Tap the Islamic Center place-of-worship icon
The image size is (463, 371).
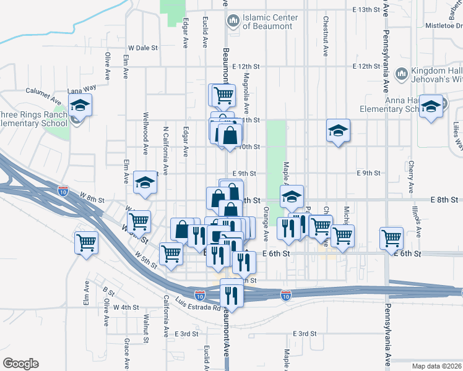coord(233,21)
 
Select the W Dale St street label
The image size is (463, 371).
coord(143,48)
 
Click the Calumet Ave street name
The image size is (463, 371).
coord(43,95)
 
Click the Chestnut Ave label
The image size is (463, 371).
coord(326,35)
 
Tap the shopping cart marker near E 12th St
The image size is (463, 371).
coord(223,95)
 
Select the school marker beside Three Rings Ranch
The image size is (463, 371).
coord(80,105)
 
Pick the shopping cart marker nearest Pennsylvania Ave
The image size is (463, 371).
coord(391,238)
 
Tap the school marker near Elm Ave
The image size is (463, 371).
coord(145,182)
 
